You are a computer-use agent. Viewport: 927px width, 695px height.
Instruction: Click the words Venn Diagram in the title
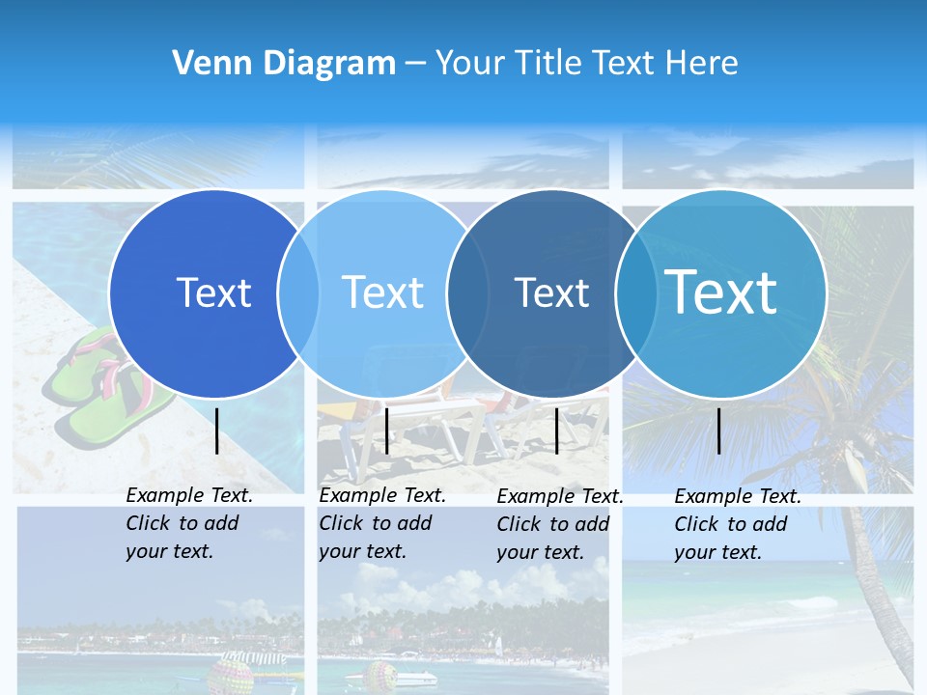click(284, 64)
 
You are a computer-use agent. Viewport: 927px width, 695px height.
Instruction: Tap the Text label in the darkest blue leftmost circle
click(213, 292)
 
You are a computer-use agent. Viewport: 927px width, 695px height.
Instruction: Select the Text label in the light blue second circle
click(383, 292)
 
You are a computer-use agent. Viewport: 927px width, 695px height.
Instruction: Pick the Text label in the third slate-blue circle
click(551, 292)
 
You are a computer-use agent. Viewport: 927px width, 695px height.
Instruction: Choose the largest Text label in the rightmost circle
click(721, 292)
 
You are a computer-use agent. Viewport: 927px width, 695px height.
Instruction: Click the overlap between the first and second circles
click(298, 293)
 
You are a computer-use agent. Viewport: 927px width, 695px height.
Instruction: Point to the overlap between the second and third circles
click(467, 293)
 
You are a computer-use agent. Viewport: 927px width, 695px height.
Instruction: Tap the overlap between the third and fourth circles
click(636, 293)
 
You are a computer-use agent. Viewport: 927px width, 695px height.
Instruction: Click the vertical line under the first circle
click(217, 431)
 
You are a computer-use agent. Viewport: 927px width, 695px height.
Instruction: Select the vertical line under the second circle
click(386, 431)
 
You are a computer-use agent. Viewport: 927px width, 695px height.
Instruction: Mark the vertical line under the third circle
click(556, 431)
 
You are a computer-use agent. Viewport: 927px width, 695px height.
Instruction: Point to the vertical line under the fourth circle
click(719, 431)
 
